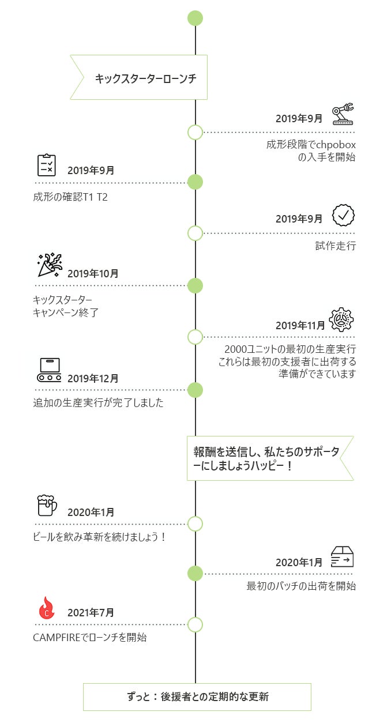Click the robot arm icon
(343, 114)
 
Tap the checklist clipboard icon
(47, 165)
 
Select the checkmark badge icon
(343, 215)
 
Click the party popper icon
(50, 265)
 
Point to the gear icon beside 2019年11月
(341, 319)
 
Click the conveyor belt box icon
(49, 370)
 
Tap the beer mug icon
(47, 506)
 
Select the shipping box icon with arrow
(342, 557)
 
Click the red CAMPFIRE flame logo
(47, 608)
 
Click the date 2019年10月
(93, 274)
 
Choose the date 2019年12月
(93, 378)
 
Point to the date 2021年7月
(91, 612)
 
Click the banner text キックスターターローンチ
(146, 78)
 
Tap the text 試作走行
(336, 246)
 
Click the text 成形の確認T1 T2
(70, 197)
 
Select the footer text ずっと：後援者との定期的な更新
(198, 697)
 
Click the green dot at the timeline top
(195, 18)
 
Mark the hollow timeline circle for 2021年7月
(195, 624)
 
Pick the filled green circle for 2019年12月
(195, 390)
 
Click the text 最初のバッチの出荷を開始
(301, 586)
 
